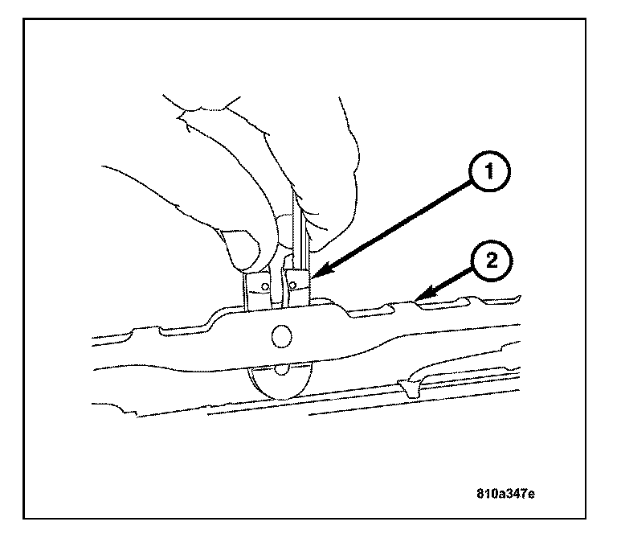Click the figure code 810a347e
tap(503, 491)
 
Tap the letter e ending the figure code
tap(530, 491)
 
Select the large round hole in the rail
tap(282, 338)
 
